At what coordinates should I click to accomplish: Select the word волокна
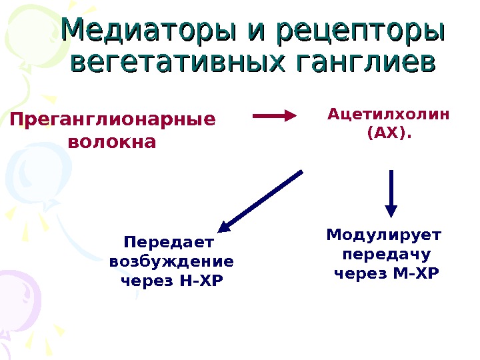point(113,143)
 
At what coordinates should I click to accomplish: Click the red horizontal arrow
point(274,115)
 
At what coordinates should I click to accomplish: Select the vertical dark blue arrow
point(391,192)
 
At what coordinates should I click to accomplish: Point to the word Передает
point(171,241)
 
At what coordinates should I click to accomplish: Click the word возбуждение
point(171,261)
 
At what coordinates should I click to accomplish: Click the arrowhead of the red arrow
point(291,115)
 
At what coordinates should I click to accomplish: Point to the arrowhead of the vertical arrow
point(391,211)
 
